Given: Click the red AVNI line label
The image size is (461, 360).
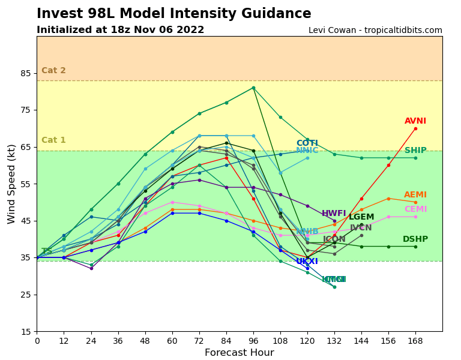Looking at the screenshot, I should (415, 121).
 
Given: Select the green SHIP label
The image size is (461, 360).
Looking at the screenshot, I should (415, 151).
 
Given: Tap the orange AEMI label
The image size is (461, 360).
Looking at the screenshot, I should (415, 195).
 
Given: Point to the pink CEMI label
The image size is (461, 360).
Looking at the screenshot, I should (415, 209).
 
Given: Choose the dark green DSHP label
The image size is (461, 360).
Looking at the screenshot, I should (415, 239).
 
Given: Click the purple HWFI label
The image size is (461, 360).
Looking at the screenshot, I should (334, 214).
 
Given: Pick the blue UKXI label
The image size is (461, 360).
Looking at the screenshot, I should (307, 262).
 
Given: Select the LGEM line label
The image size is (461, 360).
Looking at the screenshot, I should (361, 217).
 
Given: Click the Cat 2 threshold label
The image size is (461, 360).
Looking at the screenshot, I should (53, 71).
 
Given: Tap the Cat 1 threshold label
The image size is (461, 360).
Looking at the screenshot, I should (53, 140).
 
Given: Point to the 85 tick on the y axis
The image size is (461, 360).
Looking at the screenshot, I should (25, 73).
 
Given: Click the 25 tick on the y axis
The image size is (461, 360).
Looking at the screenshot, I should (25, 295).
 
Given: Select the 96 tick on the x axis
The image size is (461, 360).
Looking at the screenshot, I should (253, 341).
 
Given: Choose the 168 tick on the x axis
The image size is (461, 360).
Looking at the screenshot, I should (415, 341).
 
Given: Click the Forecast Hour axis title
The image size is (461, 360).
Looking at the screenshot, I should (239, 353).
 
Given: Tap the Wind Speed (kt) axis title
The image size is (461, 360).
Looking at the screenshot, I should (12, 184).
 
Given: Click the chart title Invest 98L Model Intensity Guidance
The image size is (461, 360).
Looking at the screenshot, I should (174, 14).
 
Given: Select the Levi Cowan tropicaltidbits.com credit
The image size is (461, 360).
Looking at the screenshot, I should (375, 31).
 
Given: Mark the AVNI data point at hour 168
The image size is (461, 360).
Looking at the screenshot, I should (415, 128).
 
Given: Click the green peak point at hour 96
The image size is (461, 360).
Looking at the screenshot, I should (253, 88).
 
